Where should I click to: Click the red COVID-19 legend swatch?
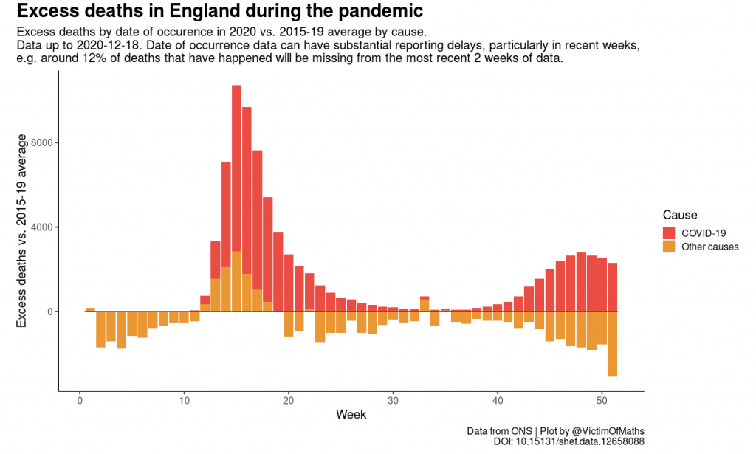[669, 233]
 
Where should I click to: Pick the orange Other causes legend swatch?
[669, 247]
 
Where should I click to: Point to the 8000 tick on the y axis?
[42, 142]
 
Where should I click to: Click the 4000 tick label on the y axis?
[42, 227]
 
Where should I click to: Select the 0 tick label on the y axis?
[50, 312]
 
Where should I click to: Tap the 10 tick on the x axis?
[185, 402]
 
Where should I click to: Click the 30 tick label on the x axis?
[394, 402]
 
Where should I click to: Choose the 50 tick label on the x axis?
[602, 402]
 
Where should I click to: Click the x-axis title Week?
[351, 415]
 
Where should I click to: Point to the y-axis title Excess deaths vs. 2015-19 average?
[22, 230]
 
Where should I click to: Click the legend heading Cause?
[679, 215]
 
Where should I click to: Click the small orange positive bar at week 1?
[90, 309]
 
